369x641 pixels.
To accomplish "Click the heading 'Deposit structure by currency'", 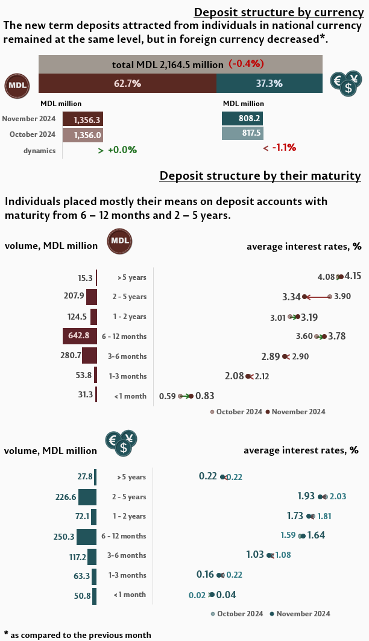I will pyautogui.click(x=277, y=13).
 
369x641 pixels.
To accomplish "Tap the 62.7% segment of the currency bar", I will pyautogui.click(x=127, y=83).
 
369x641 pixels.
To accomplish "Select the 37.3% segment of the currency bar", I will pyautogui.click(x=269, y=83).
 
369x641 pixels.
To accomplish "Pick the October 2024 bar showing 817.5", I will pyautogui.click(x=242, y=133).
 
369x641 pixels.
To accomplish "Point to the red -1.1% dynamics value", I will pyautogui.click(x=279, y=148).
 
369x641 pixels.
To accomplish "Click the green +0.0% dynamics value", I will pyautogui.click(x=118, y=150).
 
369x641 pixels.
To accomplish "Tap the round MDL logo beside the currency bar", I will pyautogui.click(x=17, y=85).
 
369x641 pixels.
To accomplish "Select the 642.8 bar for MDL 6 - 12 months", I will pyautogui.click(x=80, y=336).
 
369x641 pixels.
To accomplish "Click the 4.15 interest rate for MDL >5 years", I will pyautogui.click(x=353, y=276).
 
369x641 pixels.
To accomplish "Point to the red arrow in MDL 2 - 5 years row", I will pyautogui.click(x=317, y=297).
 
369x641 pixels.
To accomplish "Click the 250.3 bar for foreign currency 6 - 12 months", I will pyautogui.click(x=86, y=536).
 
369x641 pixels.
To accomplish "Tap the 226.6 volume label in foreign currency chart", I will pyautogui.click(x=65, y=497).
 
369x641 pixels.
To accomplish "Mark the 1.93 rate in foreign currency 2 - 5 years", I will pyautogui.click(x=306, y=496).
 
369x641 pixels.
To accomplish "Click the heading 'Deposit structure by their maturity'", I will pyautogui.click(x=260, y=176).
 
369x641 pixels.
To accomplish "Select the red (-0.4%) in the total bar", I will pyautogui.click(x=246, y=64).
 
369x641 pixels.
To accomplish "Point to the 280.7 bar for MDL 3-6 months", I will pyautogui.click(x=89, y=356).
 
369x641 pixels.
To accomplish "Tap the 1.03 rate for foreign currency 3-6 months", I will pyautogui.click(x=255, y=554).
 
